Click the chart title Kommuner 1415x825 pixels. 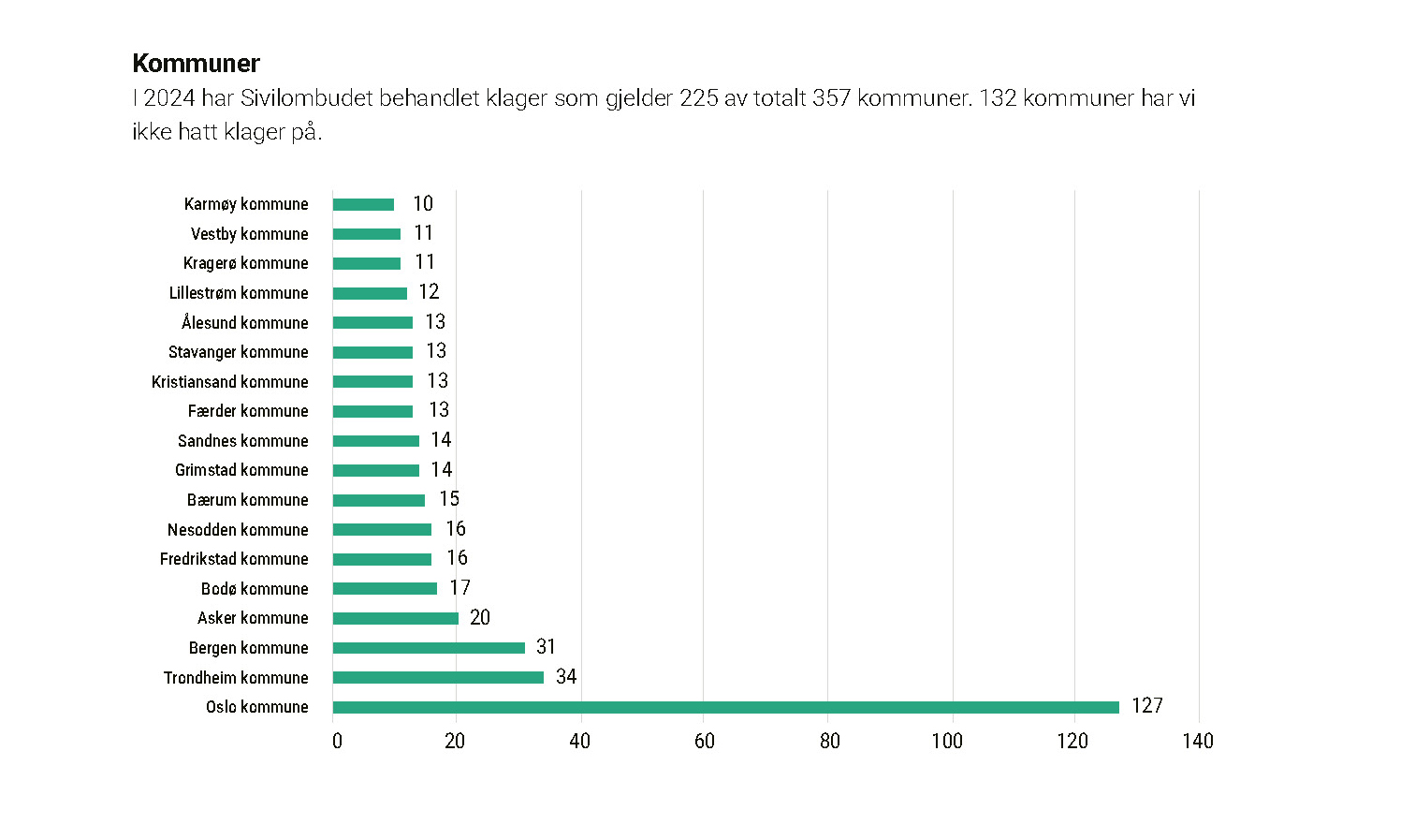(x=197, y=64)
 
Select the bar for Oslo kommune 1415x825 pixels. (x=725, y=707)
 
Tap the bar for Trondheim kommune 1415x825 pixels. (x=438, y=677)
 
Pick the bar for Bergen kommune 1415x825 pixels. (x=429, y=648)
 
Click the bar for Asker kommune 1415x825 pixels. (x=395, y=618)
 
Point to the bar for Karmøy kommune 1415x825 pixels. (x=363, y=204)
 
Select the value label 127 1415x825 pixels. (x=1146, y=706)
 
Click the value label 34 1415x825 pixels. (x=566, y=676)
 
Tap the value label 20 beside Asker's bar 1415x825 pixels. (x=480, y=617)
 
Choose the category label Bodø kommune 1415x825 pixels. (x=255, y=589)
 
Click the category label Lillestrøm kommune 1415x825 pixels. (x=239, y=293)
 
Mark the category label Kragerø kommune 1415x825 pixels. (x=245, y=263)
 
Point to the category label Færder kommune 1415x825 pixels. (x=248, y=411)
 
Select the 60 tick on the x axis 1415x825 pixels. (x=705, y=741)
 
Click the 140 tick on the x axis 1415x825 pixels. (x=1198, y=741)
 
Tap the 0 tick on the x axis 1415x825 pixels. (x=337, y=741)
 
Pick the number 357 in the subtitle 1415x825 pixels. (x=831, y=98)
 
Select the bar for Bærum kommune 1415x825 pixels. (x=379, y=500)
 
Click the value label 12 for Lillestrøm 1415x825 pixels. (x=429, y=292)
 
